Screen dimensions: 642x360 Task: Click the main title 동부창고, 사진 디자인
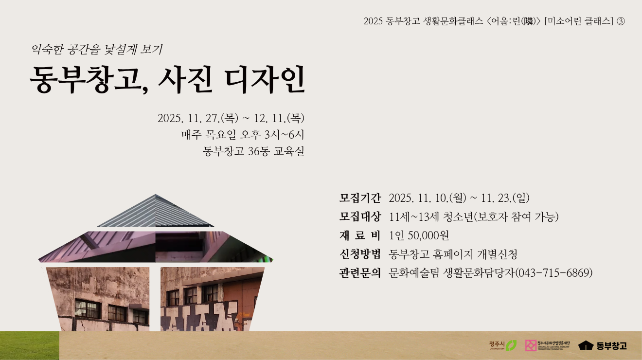pos(167,79)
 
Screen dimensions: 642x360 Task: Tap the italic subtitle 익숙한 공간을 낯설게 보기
pos(97,49)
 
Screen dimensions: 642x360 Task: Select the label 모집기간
pos(360,198)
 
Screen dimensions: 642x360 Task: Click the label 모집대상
pos(360,216)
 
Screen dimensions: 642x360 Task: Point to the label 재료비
pos(360,235)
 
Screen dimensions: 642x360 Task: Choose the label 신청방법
pos(360,254)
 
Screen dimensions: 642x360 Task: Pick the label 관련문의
pos(360,272)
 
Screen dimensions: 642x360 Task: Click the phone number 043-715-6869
pos(554,272)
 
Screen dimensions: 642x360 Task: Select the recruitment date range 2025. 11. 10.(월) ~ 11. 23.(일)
pos(459,198)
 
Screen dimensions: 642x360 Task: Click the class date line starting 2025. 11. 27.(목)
pos(231,118)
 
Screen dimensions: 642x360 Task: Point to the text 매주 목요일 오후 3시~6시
pos(243,135)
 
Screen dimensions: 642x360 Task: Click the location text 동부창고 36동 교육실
pos(253,151)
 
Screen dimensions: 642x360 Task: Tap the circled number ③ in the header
pos(620,21)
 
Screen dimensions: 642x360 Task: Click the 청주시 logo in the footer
pos(503,345)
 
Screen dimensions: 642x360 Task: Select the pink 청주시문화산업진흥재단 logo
pos(548,345)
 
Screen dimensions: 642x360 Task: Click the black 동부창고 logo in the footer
pos(603,345)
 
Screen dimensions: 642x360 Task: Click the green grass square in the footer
pos(30,346)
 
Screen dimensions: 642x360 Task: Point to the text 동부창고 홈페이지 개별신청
pos(453,254)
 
